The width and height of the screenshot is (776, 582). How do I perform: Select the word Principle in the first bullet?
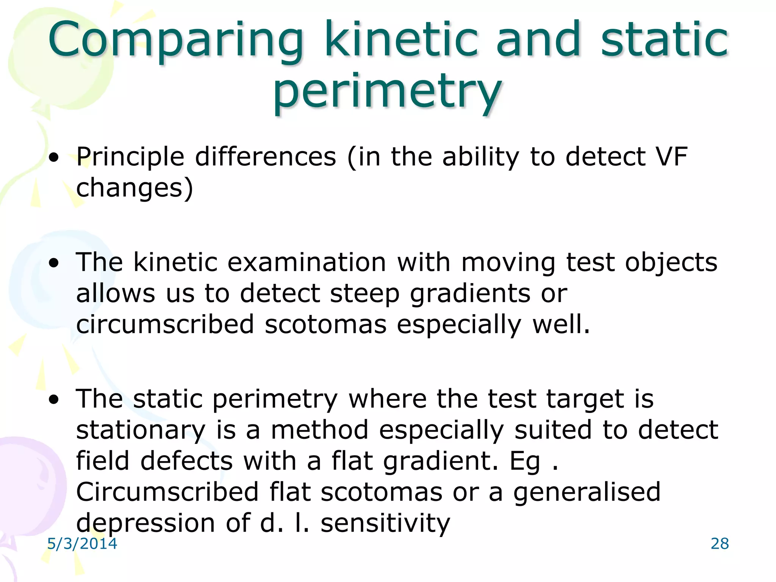tap(130, 157)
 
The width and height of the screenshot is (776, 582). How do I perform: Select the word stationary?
tap(141, 431)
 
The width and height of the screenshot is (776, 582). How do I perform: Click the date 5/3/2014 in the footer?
tap(82, 543)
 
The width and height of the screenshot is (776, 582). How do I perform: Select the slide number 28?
tap(720, 543)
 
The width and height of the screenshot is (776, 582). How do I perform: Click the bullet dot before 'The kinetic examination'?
tap(54, 263)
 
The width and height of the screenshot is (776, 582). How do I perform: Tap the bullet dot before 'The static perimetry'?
tap(54, 399)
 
